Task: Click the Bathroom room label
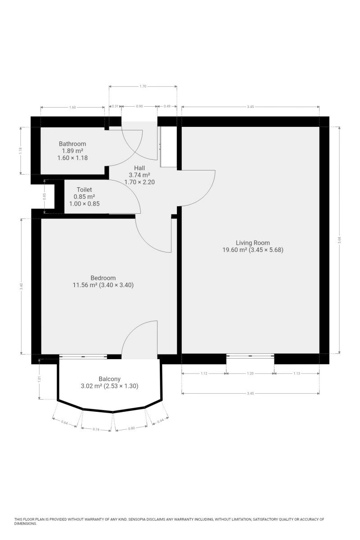72,144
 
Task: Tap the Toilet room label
85,190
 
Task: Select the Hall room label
139,168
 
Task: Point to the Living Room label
253,243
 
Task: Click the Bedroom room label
103,278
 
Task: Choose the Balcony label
109,379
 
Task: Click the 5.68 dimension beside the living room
339,240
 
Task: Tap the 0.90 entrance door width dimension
139,106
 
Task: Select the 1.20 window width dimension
250,373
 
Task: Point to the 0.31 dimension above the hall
116,106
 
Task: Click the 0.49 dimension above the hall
167,106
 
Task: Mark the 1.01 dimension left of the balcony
40,379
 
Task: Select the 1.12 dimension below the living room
204,373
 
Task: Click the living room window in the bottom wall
250,356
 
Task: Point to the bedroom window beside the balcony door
83,356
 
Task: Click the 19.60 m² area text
234,250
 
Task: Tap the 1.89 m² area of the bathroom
72,151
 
